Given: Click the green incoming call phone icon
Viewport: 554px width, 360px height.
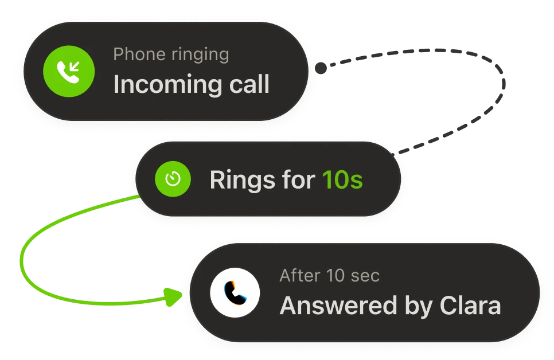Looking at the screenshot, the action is point(69,71).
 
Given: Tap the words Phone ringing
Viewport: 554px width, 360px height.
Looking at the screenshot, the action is point(171,55).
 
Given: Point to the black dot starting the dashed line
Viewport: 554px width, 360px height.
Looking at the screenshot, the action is point(321,68).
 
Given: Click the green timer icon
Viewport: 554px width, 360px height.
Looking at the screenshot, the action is point(173,179).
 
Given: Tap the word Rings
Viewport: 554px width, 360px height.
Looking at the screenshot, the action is point(242,180).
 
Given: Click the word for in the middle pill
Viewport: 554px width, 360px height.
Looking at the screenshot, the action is point(299,179).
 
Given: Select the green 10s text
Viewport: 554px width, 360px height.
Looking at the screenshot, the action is point(342,179).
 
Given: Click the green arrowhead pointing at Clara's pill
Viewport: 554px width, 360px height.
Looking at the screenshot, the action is point(173,296).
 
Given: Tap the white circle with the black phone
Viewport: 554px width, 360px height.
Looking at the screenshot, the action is point(235,292).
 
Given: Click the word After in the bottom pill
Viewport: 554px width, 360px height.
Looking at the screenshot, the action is point(300,276).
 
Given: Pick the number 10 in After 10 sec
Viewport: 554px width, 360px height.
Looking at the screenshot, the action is point(335,276).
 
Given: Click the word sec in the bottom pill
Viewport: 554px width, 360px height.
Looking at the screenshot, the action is point(365,276).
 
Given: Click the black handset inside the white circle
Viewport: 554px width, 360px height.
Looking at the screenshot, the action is point(235,293).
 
